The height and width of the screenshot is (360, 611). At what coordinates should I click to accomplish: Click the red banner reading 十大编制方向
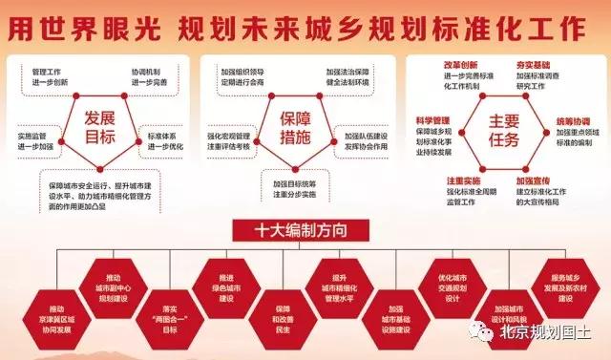(x=304, y=229)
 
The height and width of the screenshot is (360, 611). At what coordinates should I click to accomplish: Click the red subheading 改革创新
(x=462, y=65)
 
